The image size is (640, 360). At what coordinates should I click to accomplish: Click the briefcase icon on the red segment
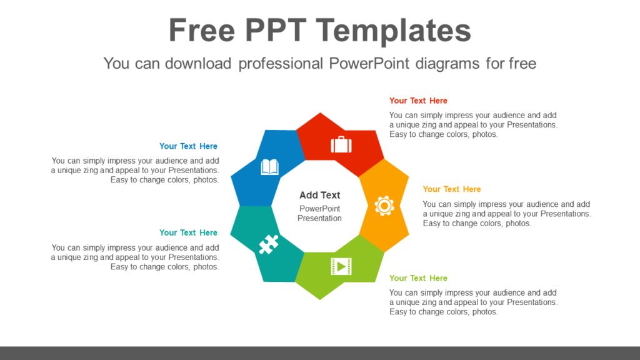click(341, 145)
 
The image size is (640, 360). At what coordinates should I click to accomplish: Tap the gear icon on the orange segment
click(384, 206)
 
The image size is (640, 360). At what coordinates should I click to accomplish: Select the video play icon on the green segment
click(341, 266)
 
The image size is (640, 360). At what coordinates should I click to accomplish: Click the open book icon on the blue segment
click(269, 167)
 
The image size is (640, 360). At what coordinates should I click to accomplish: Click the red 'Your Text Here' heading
click(418, 101)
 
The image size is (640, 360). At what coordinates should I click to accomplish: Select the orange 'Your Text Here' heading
click(452, 189)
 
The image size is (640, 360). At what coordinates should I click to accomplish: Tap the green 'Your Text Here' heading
click(418, 278)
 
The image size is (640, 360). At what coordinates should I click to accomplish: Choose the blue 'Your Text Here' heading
click(188, 146)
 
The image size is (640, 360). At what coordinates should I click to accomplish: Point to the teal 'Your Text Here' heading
click(188, 232)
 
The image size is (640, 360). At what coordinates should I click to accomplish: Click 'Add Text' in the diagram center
click(319, 195)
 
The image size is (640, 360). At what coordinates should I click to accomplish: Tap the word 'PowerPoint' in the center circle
click(319, 209)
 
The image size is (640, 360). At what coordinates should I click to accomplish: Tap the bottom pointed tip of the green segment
click(319, 299)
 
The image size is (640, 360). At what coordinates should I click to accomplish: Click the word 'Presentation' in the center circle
click(319, 218)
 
